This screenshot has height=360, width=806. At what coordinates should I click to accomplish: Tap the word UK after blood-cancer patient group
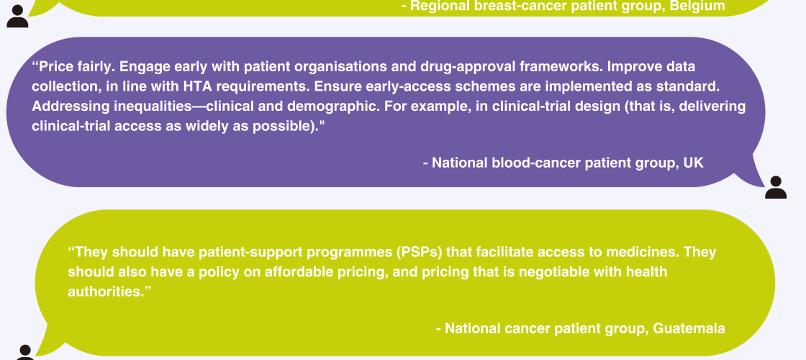pos(694,163)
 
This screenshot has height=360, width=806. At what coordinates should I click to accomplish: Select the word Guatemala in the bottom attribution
pos(689,328)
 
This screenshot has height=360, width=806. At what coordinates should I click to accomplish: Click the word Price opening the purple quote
pos(53,67)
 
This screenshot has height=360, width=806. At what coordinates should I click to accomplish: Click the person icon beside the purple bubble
pos(776,187)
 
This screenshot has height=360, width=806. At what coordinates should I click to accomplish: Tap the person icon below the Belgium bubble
pos(17,17)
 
